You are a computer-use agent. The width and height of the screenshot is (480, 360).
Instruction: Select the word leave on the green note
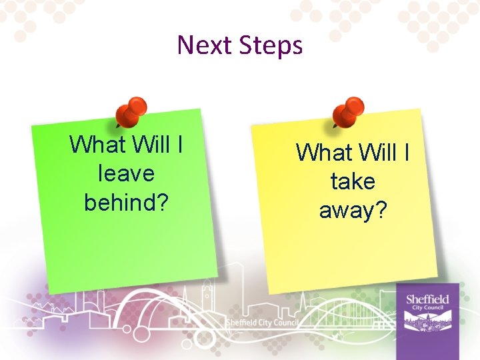126,173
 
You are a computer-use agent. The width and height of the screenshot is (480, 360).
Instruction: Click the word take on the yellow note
353,181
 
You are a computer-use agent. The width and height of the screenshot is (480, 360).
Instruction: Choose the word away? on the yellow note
353,210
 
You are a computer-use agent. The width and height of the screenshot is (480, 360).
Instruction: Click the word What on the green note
98,144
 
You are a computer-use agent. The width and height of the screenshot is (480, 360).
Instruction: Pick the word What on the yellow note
325,153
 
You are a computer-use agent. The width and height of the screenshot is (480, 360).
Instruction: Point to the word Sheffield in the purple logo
427,299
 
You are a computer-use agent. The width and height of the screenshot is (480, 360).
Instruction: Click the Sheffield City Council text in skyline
262,323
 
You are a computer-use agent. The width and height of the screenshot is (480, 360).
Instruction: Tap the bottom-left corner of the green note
48,292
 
